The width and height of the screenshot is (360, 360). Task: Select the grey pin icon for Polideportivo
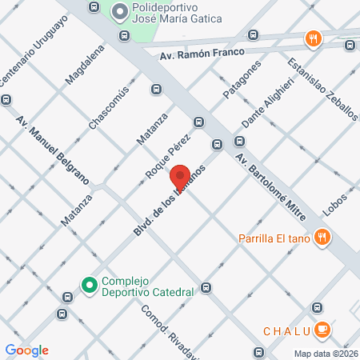[120, 11]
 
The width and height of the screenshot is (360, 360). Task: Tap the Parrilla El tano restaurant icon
[322, 237]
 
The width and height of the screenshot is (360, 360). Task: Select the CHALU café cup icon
[322, 329]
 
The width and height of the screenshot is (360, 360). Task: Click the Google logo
[26, 350]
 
